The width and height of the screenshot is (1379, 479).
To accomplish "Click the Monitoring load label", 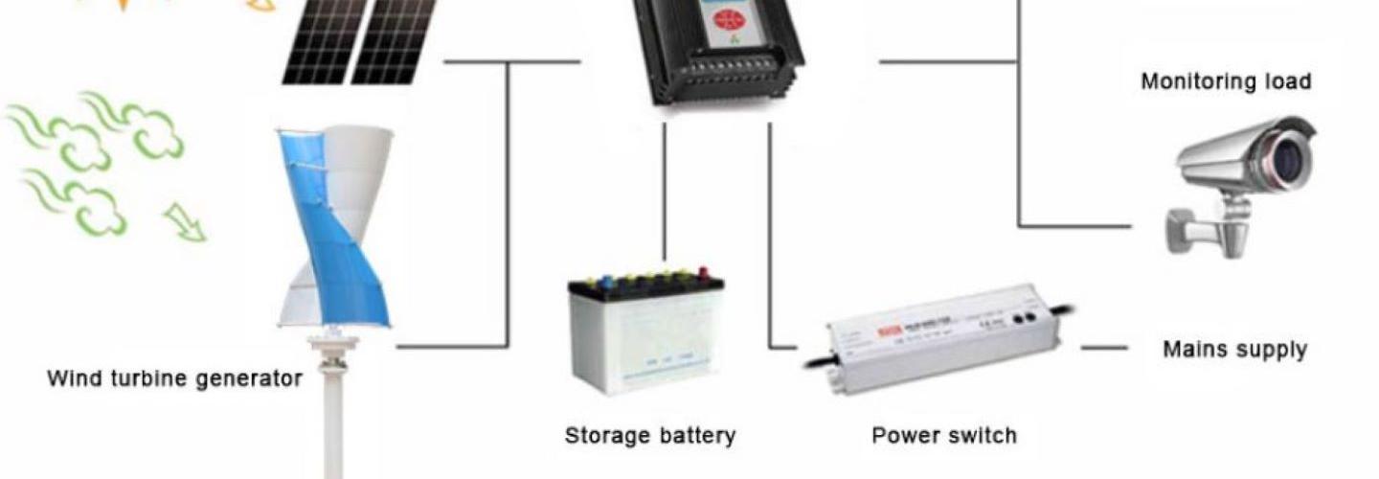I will click(1226, 81).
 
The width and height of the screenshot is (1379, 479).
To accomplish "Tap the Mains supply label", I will click(1234, 350).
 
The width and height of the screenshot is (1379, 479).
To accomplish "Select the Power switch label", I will click(943, 436).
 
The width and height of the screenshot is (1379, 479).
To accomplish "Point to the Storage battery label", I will click(650, 436).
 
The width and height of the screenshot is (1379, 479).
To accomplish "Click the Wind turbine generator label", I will click(174, 378).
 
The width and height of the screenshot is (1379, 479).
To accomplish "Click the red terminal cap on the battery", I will click(704, 272).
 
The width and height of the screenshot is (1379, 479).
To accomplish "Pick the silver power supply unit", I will click(943, 335).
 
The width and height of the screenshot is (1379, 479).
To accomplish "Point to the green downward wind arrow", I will click(184, 222).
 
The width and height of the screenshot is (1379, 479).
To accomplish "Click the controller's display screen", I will click(728, 24).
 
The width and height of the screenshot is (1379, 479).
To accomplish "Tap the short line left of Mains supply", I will click(1103, 348).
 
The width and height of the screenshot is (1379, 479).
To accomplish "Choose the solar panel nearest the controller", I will click(396, 38).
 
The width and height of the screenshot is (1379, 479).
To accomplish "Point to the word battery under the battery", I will click(696, 436).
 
